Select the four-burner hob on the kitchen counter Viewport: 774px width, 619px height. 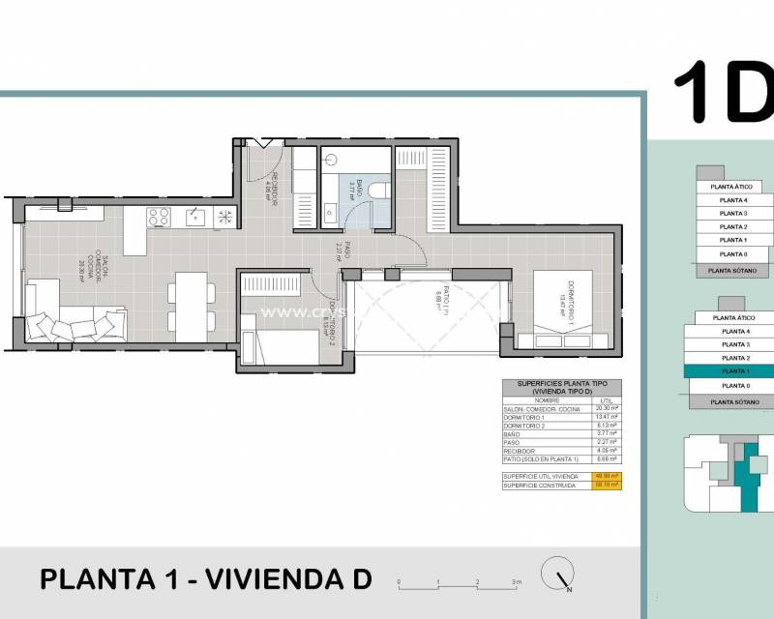pyautogui.click(x=158, y=218)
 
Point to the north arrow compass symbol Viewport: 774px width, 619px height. pyautogui.click(x=556, y=574)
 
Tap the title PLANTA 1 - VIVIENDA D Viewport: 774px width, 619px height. pyautogui.click(x=205, y=579)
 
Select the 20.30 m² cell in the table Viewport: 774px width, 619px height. pyautogui.click(x=609, y=409)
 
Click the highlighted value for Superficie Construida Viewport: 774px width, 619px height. pyautogui.click(x=609, y=485)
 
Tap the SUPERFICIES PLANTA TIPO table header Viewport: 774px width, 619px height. pyautogui.click(x=561, y=387)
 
